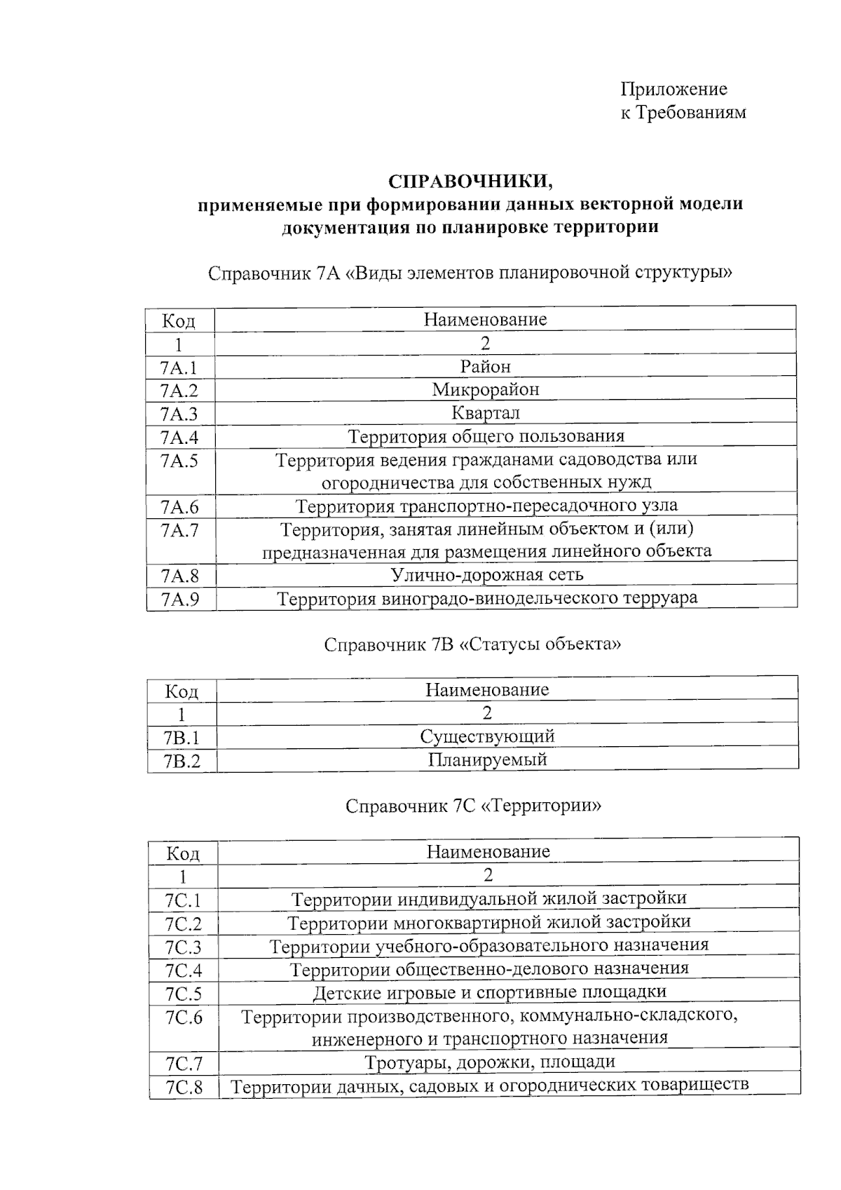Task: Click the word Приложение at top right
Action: click(x=674, y=89)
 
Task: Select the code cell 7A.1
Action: click(x=179, y=367)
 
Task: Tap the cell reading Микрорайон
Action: click(x=486, y=389)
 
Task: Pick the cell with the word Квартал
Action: click(x=486, y=413)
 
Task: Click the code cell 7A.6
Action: click(x=179, y=506)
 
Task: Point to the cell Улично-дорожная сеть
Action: click(x=486, y=575)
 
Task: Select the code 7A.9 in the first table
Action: click(x=179, y=600)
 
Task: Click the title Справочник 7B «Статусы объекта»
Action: click(x=472, y=644)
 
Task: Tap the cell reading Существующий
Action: click(x=487, y=736)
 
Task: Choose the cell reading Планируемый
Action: click(x=487, y=759)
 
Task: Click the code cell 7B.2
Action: click(x=182, y=761)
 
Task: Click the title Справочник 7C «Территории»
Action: click(x=473, y=806)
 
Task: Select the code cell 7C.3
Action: click(x=183, y=947)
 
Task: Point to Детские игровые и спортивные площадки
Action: click(x=489, y=992)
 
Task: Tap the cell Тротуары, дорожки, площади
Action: click(x=489, y=1062)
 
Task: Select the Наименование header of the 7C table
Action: click(x=488, y=852)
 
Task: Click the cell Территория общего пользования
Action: click(x=486, y=436)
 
